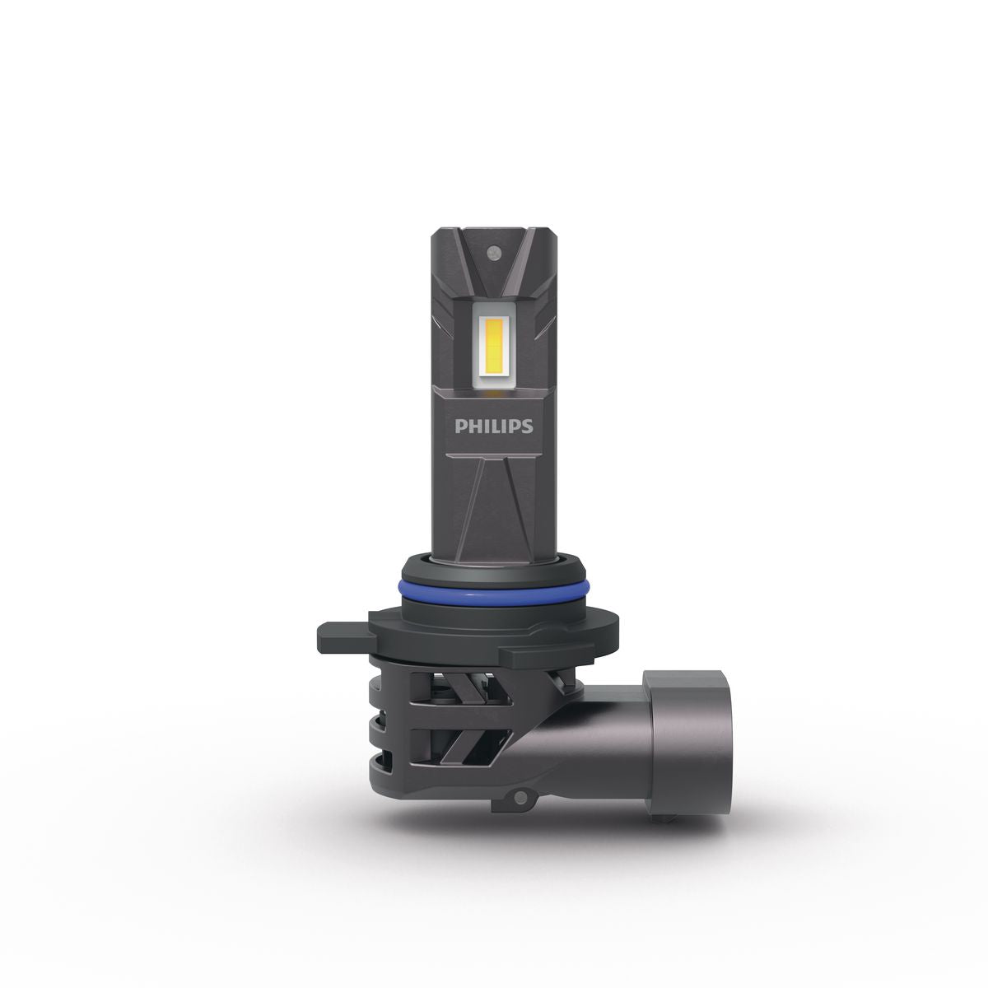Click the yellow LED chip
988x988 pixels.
(492, 346)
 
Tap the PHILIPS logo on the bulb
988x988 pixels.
(494, 426)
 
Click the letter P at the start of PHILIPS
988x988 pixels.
(460, 426)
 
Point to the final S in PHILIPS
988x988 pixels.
(528, 426)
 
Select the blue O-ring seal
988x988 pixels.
(492, 594)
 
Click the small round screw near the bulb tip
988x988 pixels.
(494, 252)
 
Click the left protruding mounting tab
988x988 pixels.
(344, 636)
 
